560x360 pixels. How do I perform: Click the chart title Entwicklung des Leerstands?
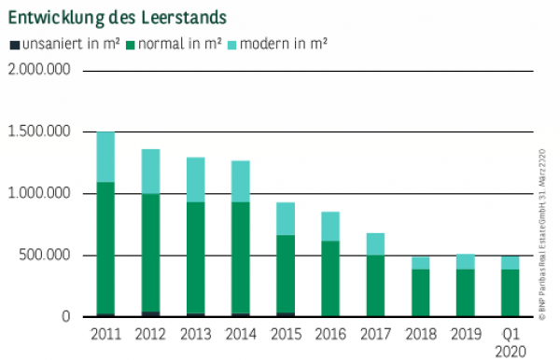[117, 18]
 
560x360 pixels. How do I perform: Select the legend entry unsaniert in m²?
[57, 44]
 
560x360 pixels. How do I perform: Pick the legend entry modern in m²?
[281, 44]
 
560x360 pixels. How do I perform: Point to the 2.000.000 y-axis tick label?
[40, 71]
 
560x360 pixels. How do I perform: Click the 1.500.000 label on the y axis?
[40, 132]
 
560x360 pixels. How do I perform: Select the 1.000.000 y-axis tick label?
[40, 194]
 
